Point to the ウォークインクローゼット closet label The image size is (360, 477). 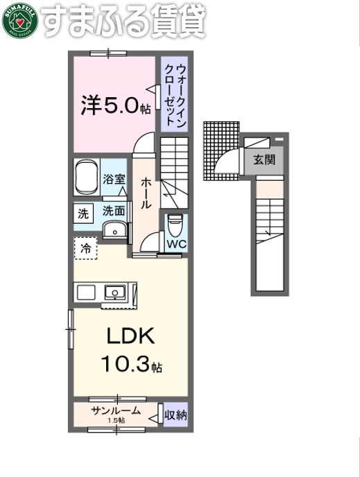[175, 94]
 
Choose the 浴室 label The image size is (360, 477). [114, 179]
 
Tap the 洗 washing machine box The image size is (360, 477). [83, 214]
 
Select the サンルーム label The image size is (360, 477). [116, 411]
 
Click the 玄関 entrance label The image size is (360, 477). [264, 159]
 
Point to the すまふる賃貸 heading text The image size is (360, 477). [125, 22]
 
